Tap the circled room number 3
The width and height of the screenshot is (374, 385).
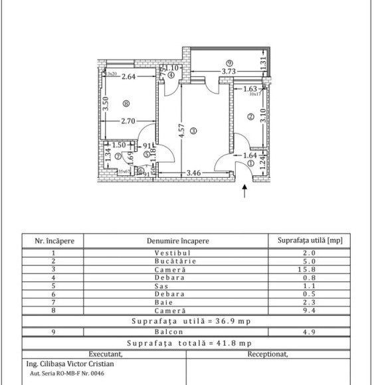pyautogui.click(x=193, y=131)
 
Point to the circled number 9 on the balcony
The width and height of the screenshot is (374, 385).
pyautogui.click(x=229, y=63)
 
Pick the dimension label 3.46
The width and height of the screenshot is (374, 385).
pyautogui.click(x=193, y=173)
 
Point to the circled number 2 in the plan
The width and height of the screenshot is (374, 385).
pyautogui.click(x=251, y=117)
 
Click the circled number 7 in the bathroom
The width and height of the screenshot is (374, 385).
pyautogui.click(x=118, y=157)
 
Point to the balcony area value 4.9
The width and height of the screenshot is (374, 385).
pyautogui.click(x=310, y=332)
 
